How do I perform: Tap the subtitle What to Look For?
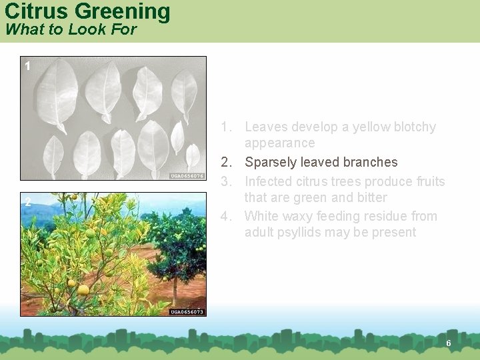tap(70, 29)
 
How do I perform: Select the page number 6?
tap(449, 343)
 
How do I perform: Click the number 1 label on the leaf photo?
tap(27, 65)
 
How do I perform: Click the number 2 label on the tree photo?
tap(27, 202)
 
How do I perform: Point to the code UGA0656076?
tap(187, 176)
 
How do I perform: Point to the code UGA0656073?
tap(187, 311)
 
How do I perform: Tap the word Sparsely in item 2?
tap(271, 162)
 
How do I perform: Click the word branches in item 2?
tap(369, 162)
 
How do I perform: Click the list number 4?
tap(225, 216)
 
